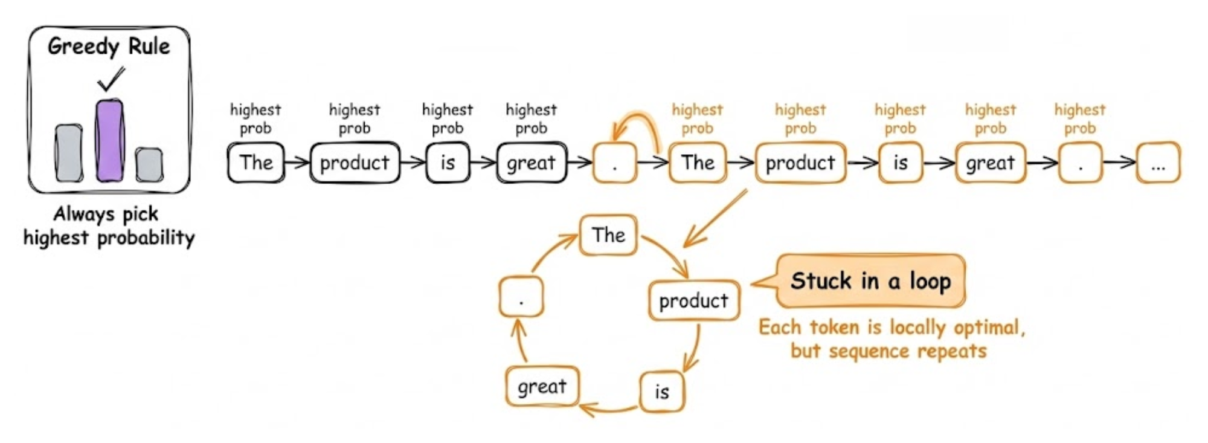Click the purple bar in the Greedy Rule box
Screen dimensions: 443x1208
109,141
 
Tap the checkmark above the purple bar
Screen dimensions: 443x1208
111,79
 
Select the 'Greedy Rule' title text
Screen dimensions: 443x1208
109,47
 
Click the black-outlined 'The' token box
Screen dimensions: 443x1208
256,163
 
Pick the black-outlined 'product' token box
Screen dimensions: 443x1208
355,163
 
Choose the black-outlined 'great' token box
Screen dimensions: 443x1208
532,163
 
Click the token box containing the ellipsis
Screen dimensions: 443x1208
1158,163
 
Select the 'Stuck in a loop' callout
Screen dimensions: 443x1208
870,281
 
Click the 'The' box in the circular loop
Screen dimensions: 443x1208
608,235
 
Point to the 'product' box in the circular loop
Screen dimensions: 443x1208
693,300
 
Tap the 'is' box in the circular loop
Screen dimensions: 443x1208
662,392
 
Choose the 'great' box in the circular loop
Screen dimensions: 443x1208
542,386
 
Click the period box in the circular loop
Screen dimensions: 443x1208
521,297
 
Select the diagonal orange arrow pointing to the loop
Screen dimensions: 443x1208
716,219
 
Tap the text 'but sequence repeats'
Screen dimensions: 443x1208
888,351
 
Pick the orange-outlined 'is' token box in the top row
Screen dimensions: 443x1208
901,163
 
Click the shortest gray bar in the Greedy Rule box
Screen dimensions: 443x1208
149,164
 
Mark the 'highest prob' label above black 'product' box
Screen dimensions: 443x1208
355,118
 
